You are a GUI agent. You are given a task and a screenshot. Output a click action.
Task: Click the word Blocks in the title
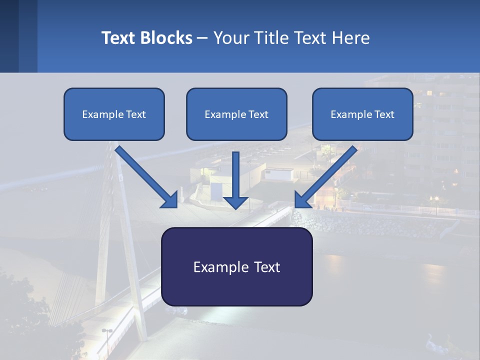[x=165, y=38]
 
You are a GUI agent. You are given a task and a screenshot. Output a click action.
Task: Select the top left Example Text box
[x=114, y=114]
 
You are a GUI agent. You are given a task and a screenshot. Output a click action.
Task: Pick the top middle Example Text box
[x=236, y=114]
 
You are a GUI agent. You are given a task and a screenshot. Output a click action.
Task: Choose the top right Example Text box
[x=362, y=114]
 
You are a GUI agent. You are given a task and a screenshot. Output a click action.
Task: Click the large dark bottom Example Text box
[x=236, y=266]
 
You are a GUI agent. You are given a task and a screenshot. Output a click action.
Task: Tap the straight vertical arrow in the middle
[x=236, y=177]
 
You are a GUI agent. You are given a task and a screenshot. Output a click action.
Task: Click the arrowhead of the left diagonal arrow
[x=170, y=200]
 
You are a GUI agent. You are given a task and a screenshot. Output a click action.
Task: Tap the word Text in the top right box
[x=384, y=114]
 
